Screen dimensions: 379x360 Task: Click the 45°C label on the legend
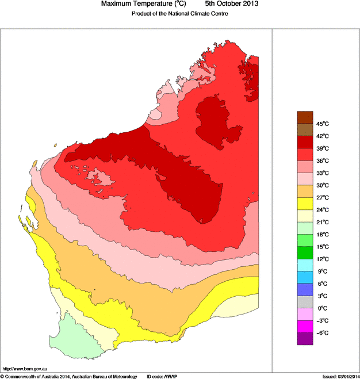pyautogui.click(x=321, y=124)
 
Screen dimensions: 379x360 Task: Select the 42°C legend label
pyautogui.click(x=321, y=136)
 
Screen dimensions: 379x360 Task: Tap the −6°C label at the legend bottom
pyautogui.click(x=321, y=333)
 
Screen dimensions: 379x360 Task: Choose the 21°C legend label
pyautogui.click(x=321, y=222)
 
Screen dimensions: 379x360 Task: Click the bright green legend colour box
pyautogui.click(x=305, y=252)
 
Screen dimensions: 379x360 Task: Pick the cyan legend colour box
pyautogui.click(x=305, y=265)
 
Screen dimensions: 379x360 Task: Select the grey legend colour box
pyautogui.click(x=305, y=302)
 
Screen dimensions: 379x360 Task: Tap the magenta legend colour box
pyautogui.click(x=305, y=327)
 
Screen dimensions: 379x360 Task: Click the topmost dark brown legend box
pyautogui.click(x=305, y=117)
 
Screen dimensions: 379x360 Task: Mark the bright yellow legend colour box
pyautogui.click(x=305, y=203)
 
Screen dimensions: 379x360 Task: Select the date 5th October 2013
pyautogui.click(x=227, y=4)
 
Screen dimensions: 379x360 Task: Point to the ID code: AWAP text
pyautogui.click(x=163, y=376)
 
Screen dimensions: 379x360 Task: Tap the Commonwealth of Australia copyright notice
pyautogui.click(x=69, y=376)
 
